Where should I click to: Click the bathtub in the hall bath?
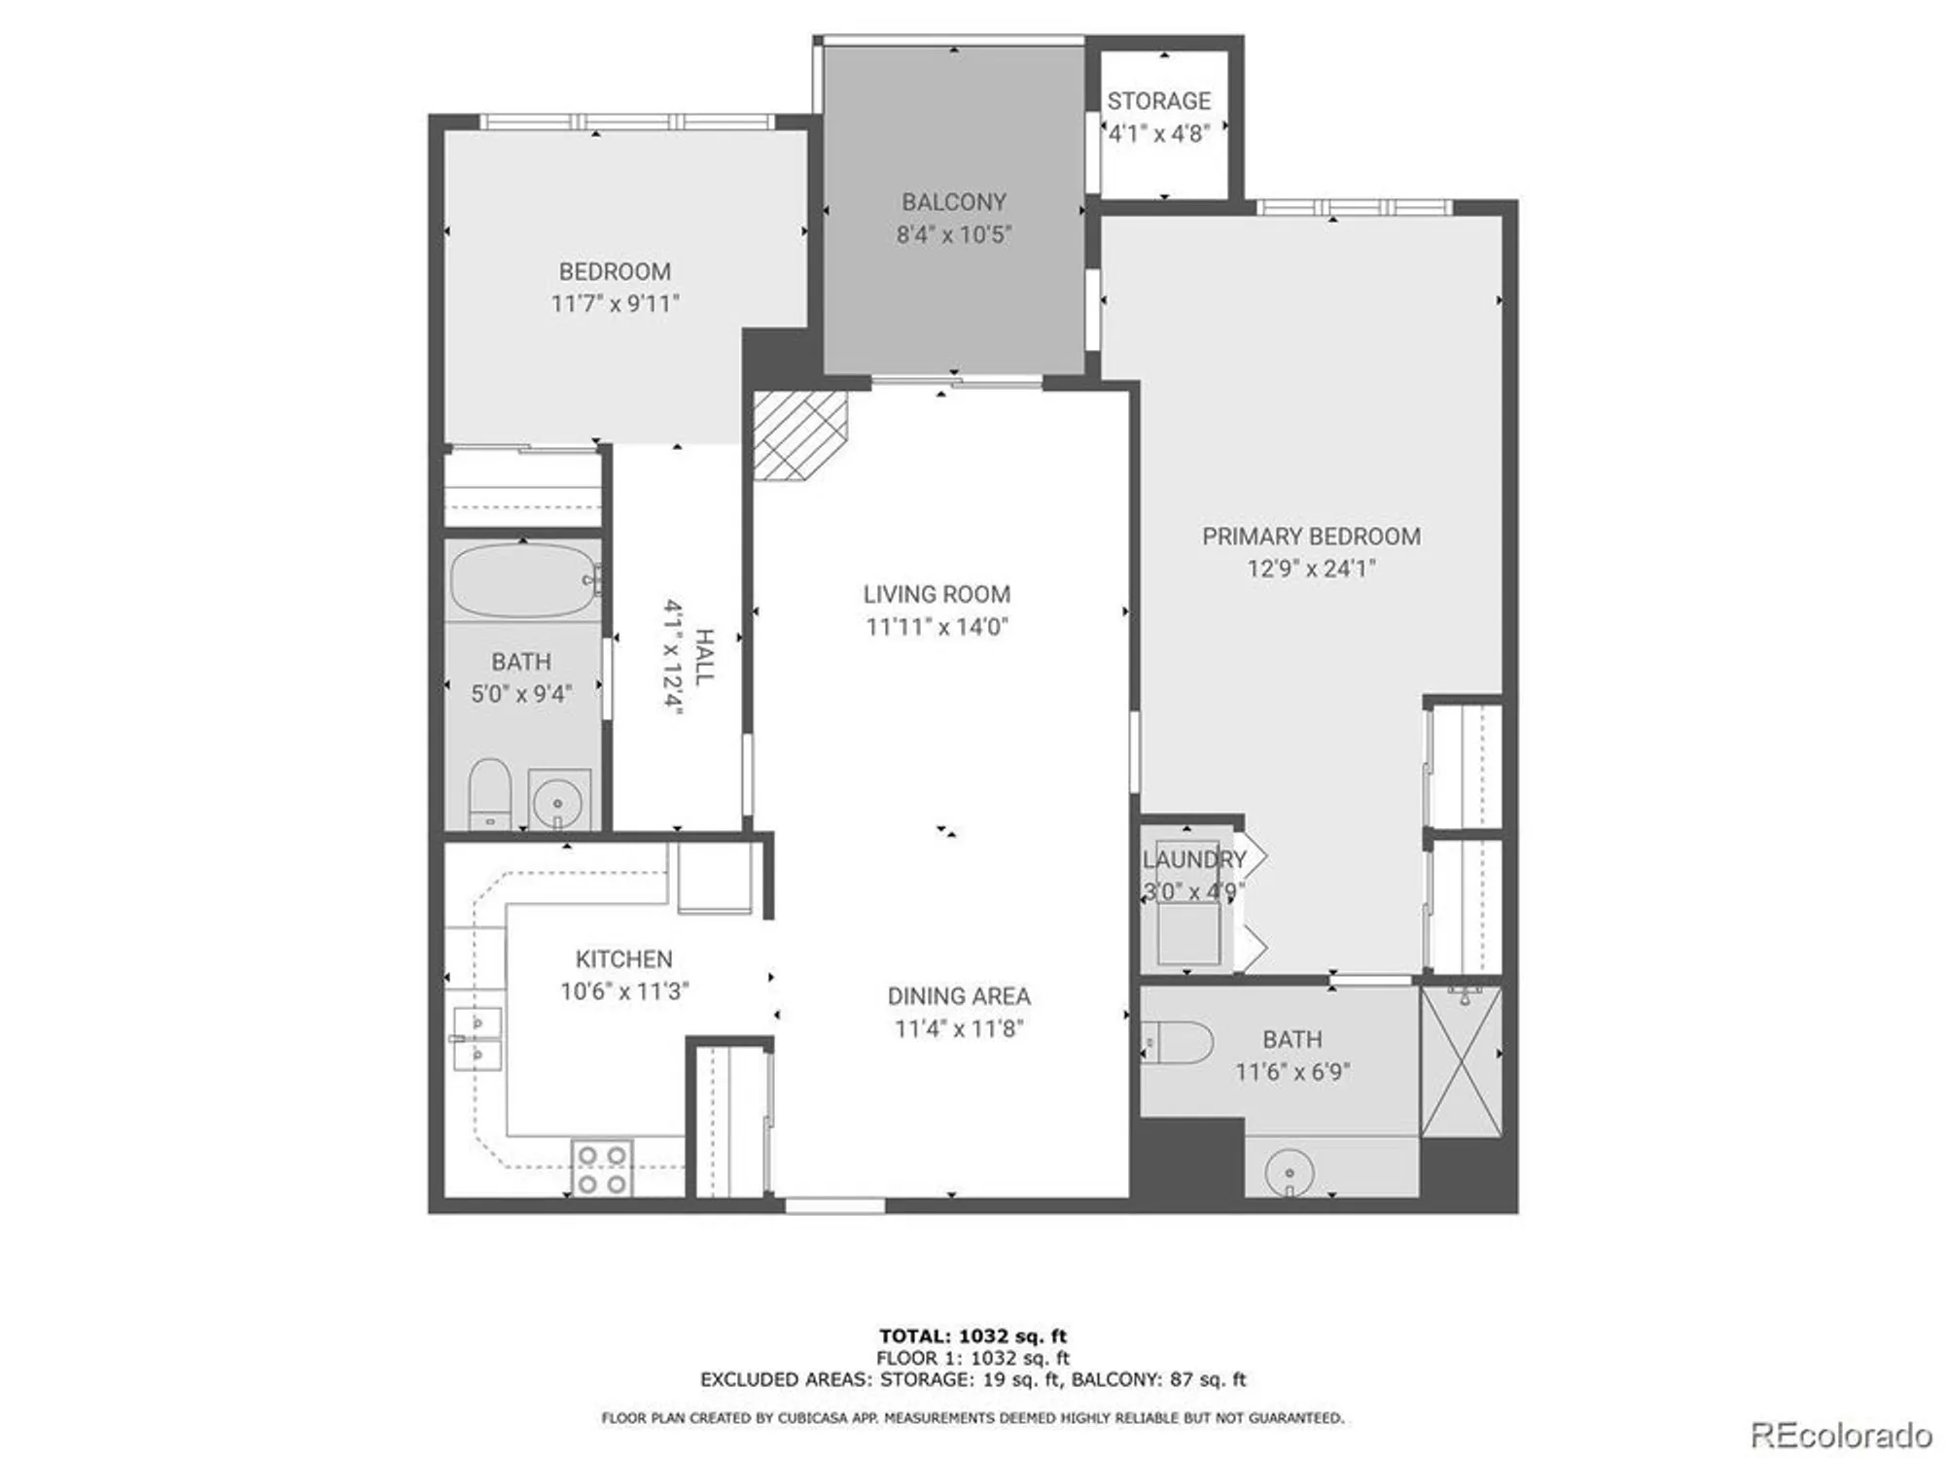523,580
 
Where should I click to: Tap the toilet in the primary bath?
1179,1043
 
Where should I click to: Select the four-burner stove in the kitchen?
602,1168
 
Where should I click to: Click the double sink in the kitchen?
477,1038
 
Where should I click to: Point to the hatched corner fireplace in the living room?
796,434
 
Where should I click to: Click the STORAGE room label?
1159,101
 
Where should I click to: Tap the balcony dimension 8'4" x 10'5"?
954,234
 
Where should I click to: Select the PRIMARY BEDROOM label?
1311,537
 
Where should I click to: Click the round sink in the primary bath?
1290,1174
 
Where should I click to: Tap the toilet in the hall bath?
489,792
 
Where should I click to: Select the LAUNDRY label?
1193,859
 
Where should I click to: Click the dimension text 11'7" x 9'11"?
615,303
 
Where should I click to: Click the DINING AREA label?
959,996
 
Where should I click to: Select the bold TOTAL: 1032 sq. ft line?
972,1336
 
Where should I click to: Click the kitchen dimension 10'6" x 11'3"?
624,991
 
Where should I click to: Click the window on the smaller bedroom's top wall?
627,122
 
